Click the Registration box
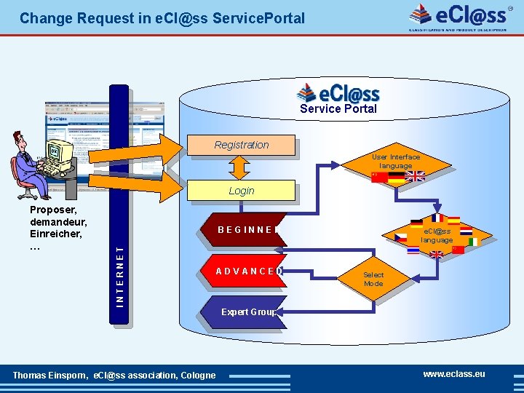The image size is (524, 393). pyautogui.click(x=242, y=145)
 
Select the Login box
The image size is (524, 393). pyautogui.click(x=242, y=191)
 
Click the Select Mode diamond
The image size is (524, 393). pyautogui.click(x=373, y=279)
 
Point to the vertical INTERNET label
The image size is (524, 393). pyautogui.click(x=120, y=273)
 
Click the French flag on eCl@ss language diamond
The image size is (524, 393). pyautogui.click(x=437, y=218)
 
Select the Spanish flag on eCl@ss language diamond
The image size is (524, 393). pyautogui.click(x=453, y=221)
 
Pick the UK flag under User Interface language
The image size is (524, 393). pyautogui.click(x=414, y=176)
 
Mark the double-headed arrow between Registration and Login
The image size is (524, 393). pyautogui.click(x=241, y=168)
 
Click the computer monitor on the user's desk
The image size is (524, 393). pyautogui.click(x=60, y=152)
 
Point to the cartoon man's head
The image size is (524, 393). pyautogui.click(x=20, y=140)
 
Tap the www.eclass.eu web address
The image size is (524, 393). pyautogui.click(x=454, y=374)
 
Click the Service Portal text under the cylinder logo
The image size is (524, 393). pyautogui.click(x=338, y=109)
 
